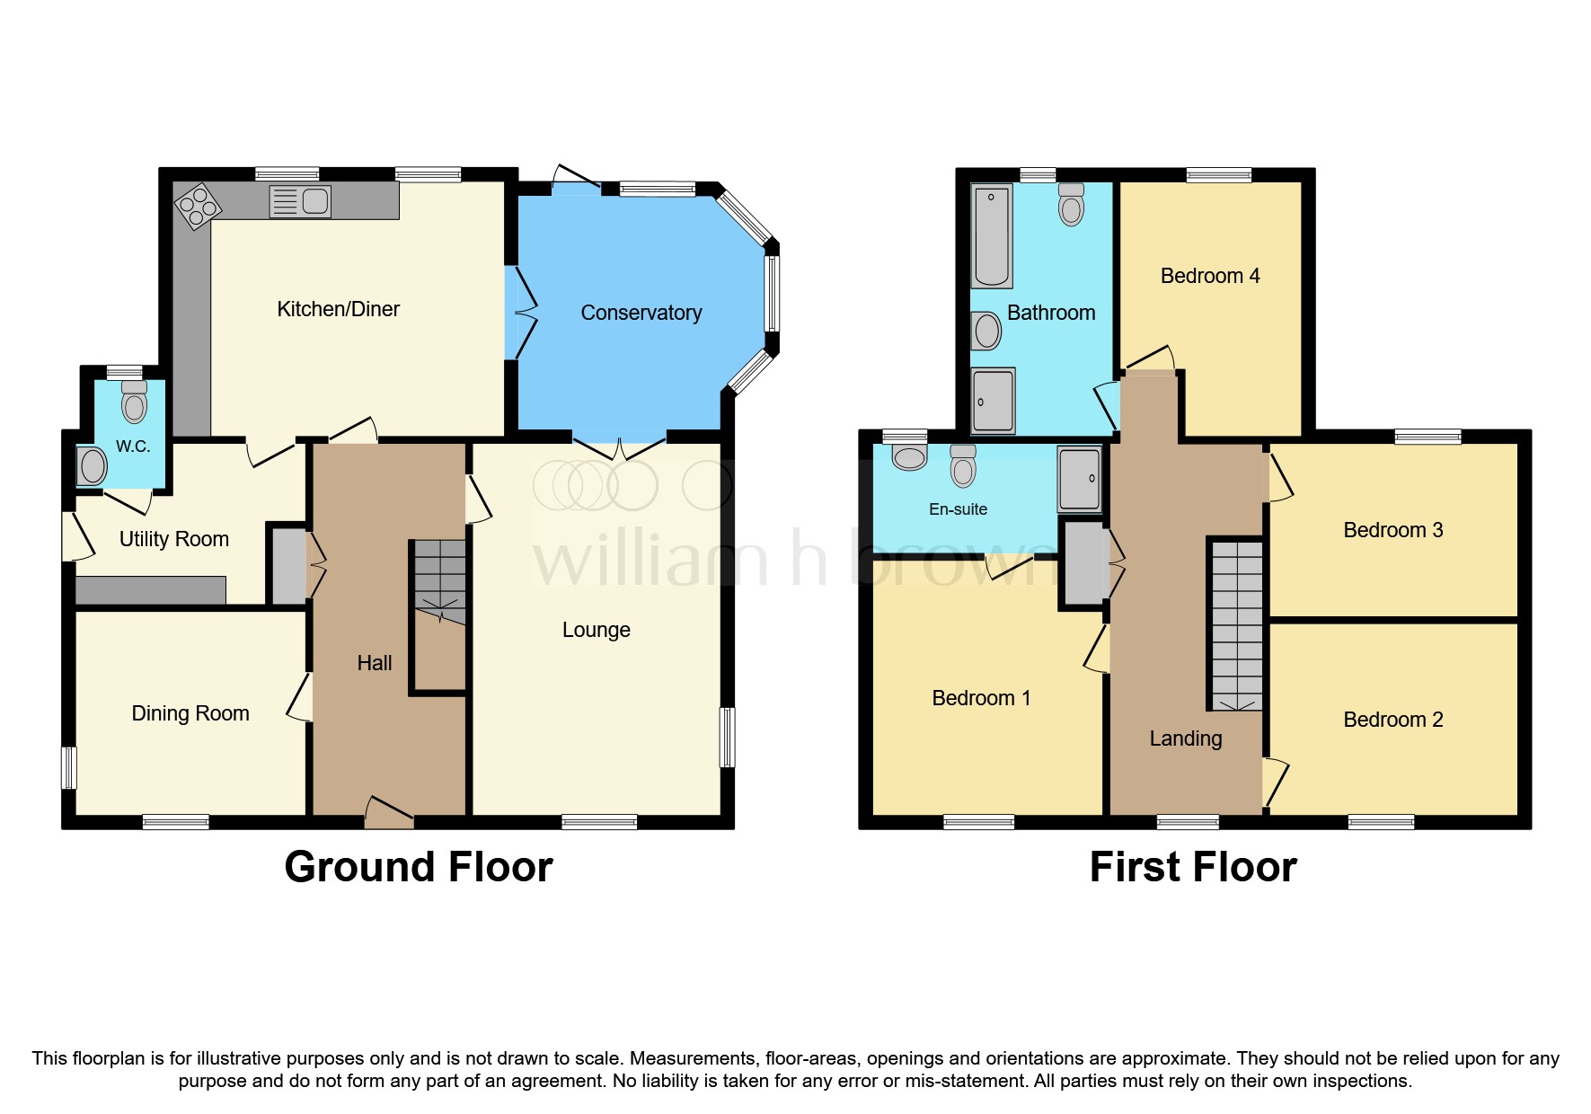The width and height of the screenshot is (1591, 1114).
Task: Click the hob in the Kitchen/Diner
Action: [197, 207]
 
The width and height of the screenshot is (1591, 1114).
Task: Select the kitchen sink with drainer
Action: [300, 201]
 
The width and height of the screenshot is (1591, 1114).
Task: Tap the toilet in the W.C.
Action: [134, 402]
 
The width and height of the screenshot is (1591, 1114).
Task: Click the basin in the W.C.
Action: [92, 465]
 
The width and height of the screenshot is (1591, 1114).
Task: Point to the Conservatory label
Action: [641, 313]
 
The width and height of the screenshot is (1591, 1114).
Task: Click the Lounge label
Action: [596, 630]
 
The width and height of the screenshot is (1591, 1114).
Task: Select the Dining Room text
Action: [190, 713]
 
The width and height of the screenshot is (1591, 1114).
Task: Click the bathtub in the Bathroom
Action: [992, 235]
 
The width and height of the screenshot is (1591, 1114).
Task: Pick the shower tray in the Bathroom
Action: [993, 400]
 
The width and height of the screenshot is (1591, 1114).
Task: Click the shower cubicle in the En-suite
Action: [1079, 478]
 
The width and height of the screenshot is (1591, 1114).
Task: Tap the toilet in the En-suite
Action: [963, 466]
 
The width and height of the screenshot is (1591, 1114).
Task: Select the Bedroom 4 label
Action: [1209, 276]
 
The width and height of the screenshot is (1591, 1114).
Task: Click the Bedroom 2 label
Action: [1392, 720]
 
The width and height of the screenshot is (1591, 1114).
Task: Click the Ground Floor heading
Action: [418, 867]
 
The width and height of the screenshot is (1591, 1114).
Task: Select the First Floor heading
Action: [1192, 867]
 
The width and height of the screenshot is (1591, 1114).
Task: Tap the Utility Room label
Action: [173, 539]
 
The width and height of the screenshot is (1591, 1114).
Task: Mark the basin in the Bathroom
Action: [986, 331]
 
